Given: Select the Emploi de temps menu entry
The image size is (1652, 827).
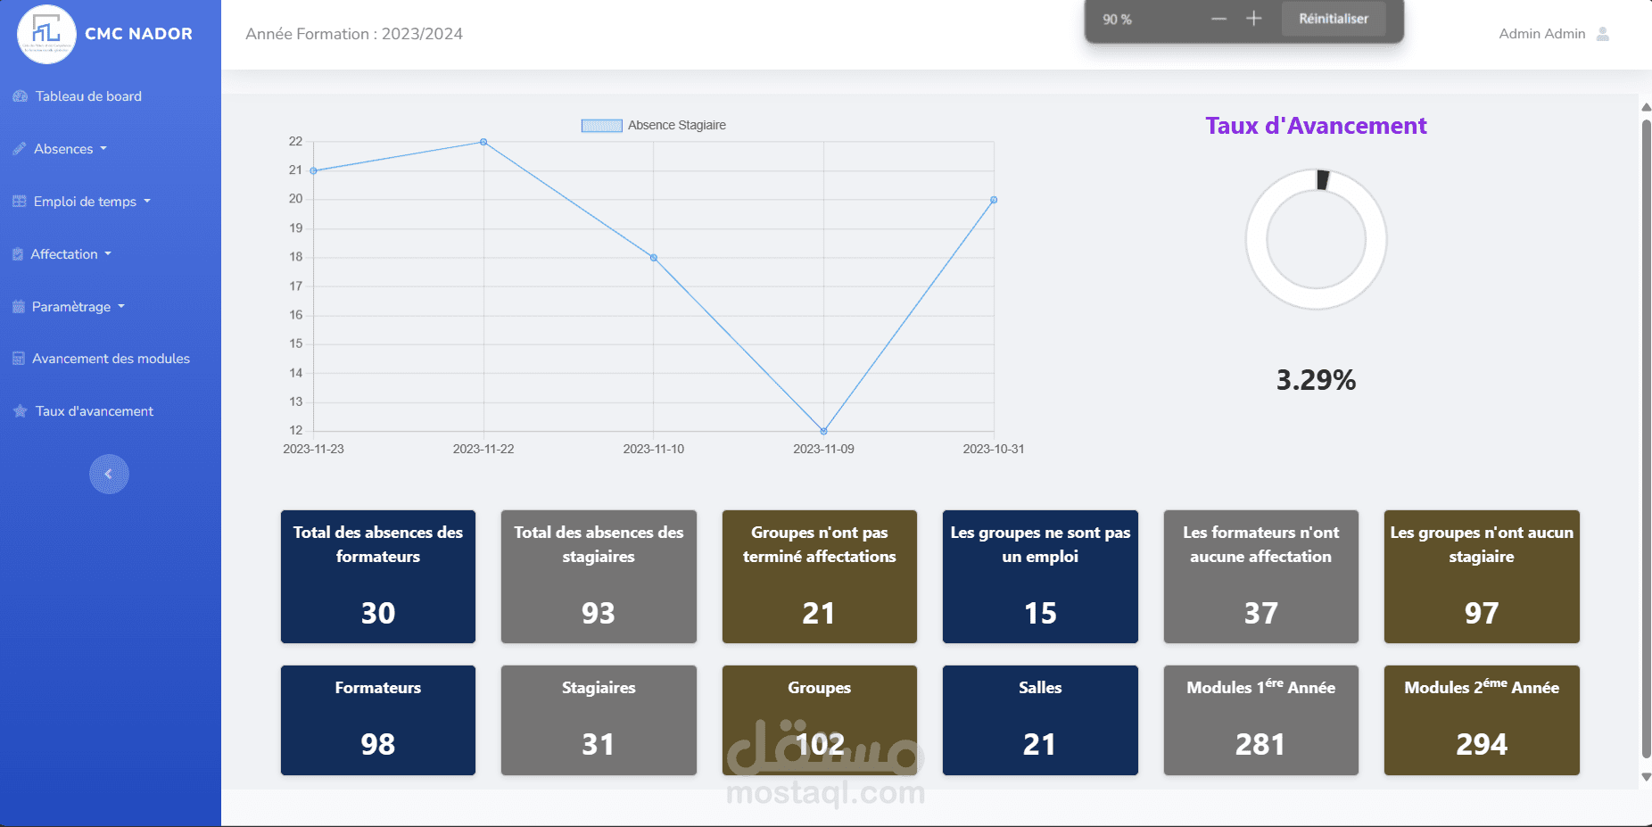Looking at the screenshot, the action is [x=82, y=202].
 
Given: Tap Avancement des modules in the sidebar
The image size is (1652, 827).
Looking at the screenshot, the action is [x=102, y=359].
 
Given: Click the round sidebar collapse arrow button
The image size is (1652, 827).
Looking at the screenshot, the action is [x=109, y=474].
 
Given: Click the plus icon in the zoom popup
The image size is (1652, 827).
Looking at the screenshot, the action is [x=1253, y=19].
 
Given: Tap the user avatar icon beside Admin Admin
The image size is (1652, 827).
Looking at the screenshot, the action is [x=1603, y=34].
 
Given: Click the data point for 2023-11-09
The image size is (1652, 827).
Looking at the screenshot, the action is [x=823, y=431].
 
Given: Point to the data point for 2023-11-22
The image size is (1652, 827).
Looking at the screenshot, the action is [x=483, y=142].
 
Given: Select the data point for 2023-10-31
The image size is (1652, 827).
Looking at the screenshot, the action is [x=994, y=200].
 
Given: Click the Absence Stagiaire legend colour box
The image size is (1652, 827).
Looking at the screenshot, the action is [x=601, y=126].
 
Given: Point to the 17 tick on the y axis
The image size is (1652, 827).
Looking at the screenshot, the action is [x=296, y=286].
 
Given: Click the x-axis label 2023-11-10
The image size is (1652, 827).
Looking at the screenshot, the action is [x=654, y=449].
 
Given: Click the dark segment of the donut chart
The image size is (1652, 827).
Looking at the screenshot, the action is [x=1323, y=180].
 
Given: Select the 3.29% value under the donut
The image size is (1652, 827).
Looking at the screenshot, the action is [x=1316, y=380].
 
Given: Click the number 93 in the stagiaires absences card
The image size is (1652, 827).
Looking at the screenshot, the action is [x=599, y=613].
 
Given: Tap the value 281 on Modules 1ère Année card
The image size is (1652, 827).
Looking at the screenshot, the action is [x=1260, y=744].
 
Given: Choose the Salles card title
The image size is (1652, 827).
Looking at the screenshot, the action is [x=1040, y=688].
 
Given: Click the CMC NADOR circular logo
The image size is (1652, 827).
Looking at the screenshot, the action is [x=46, y=34].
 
